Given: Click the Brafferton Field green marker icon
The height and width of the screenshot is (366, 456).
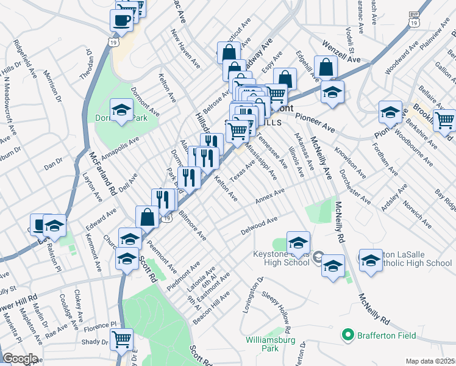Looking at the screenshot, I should tap(348, 335).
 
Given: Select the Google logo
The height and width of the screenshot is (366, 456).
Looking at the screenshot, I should tap(20, 359).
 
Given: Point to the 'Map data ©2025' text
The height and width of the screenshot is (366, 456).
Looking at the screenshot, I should tap(430, 361).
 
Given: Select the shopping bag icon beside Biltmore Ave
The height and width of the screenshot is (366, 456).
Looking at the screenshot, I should tap(148, 216).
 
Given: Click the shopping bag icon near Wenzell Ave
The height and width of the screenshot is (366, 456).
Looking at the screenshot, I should tap(327, 67).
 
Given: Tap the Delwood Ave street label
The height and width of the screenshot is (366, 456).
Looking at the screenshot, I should tap(259, 227).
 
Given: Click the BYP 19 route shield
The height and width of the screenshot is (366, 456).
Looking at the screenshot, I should tap(415, 19).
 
